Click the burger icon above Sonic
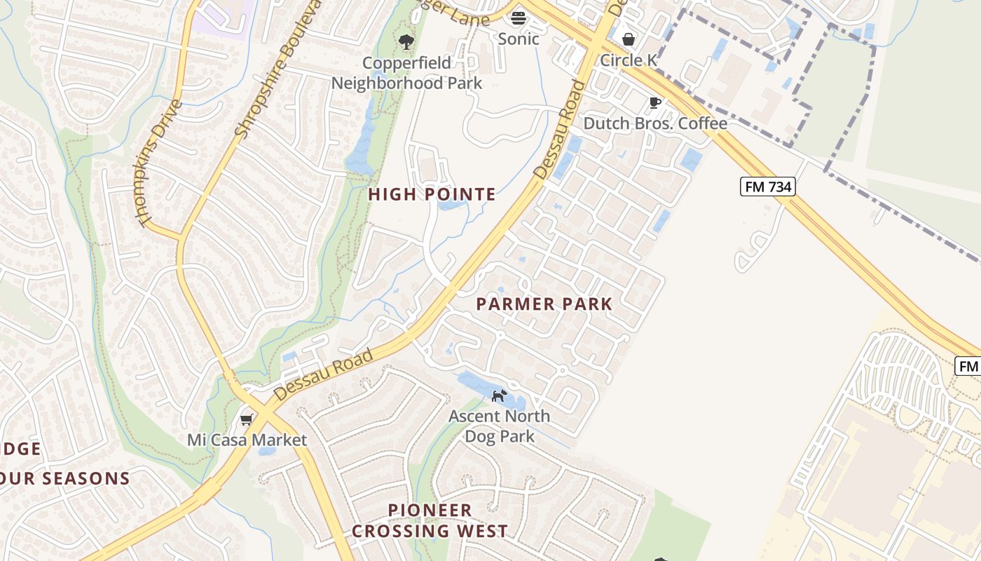pos(519,18)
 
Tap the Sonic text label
pos(519,39)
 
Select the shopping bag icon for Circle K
pos(629,39)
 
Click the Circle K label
pos(629,60)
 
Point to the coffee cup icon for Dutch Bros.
pos(655,103)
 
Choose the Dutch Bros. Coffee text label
pos(655,123)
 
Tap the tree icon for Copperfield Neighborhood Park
pos(406,42)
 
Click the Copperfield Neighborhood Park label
pos(406,73)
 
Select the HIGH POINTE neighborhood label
pos(432,194)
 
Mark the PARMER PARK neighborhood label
pos(544,304)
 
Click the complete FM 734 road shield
pos(767,186)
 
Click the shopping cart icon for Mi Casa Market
pos(246,419)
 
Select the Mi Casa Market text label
pos(247,440)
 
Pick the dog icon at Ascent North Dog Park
pos(498,396)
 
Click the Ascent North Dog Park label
pos(500,426)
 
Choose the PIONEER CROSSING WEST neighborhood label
pos(430,520)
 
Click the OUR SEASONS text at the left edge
pos(66,479)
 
